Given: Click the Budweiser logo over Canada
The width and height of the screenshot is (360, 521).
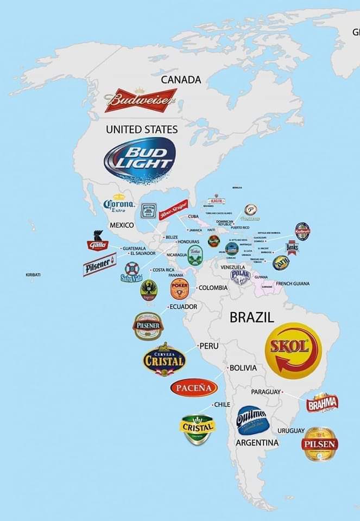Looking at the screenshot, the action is (141, 100).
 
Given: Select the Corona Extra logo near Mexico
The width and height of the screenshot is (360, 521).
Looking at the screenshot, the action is (119, 204).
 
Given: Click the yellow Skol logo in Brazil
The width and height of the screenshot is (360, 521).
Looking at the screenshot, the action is (293, 350).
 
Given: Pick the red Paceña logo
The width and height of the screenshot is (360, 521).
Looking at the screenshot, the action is (194, 387).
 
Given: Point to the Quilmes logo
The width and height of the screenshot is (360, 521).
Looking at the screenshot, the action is (251, 420).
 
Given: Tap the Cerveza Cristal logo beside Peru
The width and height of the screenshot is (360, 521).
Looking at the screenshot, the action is (165, 360).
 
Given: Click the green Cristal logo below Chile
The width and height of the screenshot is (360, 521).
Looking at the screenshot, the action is (197, 429).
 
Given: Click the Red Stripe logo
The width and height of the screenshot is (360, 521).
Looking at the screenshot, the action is (173, 208).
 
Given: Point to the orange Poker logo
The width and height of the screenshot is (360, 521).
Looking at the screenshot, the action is (179, 289).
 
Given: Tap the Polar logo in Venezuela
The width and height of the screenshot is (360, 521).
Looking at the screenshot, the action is (240, 276).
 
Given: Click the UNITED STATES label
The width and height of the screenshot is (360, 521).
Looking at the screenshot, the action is (142, 129).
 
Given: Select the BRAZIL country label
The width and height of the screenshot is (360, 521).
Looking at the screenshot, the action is (252, 317).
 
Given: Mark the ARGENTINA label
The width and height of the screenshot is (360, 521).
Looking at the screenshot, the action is (257, 443).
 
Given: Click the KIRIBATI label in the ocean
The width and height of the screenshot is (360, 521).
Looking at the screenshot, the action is (33, 275).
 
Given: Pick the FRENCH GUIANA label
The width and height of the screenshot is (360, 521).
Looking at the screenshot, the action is (293, 283).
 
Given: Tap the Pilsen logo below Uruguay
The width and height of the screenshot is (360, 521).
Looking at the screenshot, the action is (320, 444).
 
